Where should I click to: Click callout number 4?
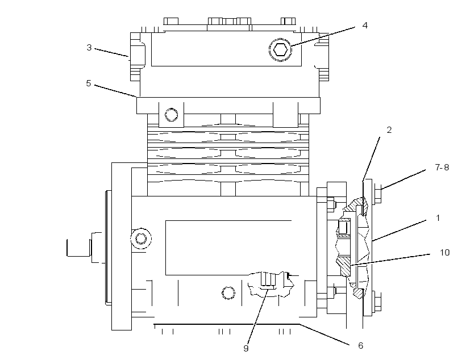pyautogui.click(x=365, y=26)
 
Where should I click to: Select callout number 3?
pyautogui.click(x=89, y=48)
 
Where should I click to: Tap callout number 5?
pyautogui.click(x=89, y=83)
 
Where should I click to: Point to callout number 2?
pyautogui.click(x=389, y=130)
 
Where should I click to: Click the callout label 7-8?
pyautogui.click(x=442, y=168)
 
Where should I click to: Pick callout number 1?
pyautogui.click(x=438, y=218)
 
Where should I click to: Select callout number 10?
pyautogui.click(x=444, y=253)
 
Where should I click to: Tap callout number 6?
pyautogui.click(x=360, y=345)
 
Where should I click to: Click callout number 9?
pyautogui.click(x=246, y=349)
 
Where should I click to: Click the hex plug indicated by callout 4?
pyautogui.click(x=280, y=49)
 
